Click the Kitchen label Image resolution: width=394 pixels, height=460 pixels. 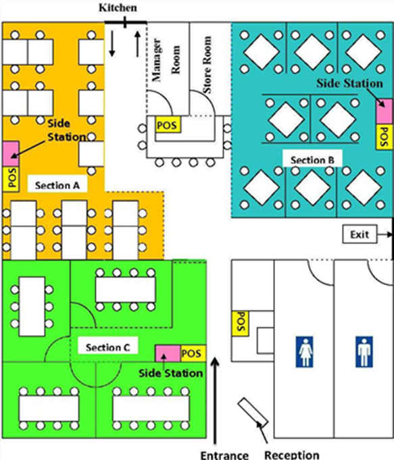(118, 7)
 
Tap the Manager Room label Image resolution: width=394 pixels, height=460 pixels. (166, 59)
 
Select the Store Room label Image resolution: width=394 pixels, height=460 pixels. (207, 65)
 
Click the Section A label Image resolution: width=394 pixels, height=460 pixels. (57, 185)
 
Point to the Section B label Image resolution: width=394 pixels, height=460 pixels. (312, 160)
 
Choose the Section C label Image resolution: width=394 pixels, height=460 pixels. (107, 347)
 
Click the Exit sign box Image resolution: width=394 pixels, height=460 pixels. (360, 234)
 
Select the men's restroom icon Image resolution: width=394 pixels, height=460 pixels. (364, 352)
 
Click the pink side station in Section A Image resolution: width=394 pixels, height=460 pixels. (11, 154)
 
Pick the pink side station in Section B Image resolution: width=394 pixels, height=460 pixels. (385, 111)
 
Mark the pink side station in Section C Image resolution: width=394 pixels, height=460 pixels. (168, 353)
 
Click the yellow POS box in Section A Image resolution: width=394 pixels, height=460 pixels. (11, 179)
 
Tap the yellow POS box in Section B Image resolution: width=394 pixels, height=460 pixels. (385, 137)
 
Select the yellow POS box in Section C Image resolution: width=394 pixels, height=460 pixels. (193, 353)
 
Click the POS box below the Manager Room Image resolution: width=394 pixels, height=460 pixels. (168, 125)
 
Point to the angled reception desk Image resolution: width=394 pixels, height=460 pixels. (253, 413)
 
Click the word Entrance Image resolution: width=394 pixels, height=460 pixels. (224, 455)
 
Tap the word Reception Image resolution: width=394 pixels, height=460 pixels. (292, 455)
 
